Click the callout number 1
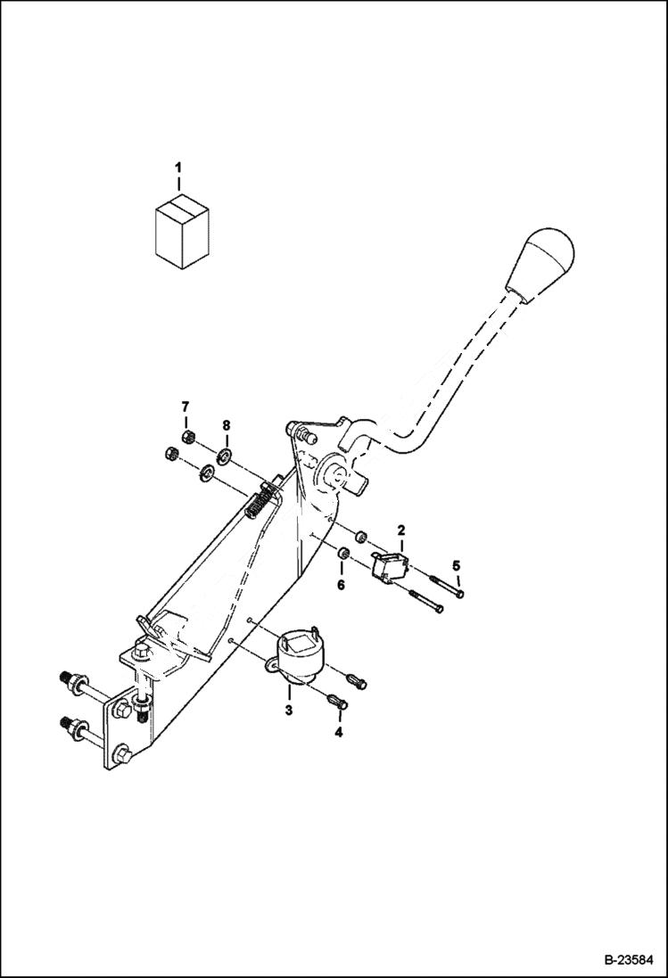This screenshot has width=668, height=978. (178, 167)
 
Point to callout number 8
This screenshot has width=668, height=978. (226, 426)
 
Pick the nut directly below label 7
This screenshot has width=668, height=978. (186, 436)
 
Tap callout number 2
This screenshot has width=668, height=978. (401, 530)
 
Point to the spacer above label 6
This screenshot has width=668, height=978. (342, 557)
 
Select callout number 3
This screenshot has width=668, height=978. (288, 711)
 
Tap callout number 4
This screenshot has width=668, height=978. (337, 735)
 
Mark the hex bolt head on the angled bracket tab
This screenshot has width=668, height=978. (141, 654)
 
